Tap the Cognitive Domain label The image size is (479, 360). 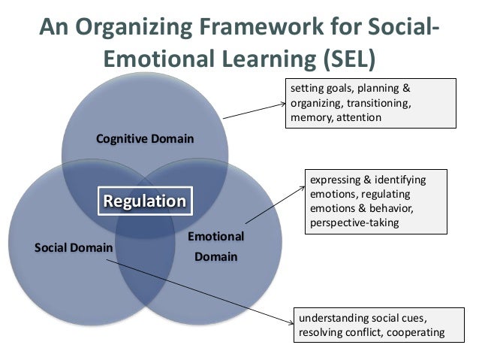point(145,139)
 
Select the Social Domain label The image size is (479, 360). point(74,247)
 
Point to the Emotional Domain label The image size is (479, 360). point(215,247)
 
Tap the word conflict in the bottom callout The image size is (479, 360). point(363,332)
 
